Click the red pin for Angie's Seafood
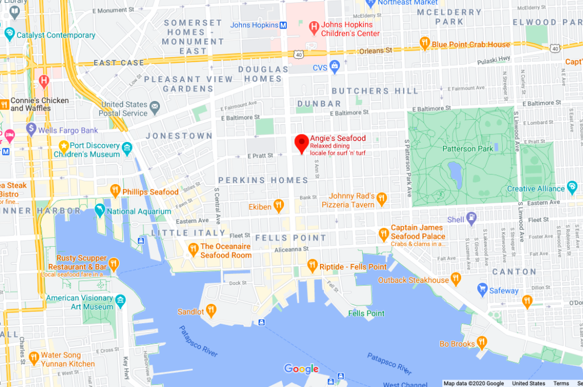pyautogui.click(x=302, y=143)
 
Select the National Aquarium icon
pyautogui.click(x=100, y=211)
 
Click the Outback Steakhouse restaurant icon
pyautogui.click(x=455, y=279)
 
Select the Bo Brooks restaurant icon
pyautogui.click(x=482, y=343)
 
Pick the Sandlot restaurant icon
pyautogui.click(x=211, y=311)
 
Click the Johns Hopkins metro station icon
pyautogui.click(x=282, y=25)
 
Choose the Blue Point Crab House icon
pyautogui.click(x=424, y=44)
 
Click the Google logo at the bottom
pyautogui.click(x=301, y=369)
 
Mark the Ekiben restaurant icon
pyautogui.click(x=278, y=205)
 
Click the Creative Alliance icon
pyautogui.click(x=573, y=188)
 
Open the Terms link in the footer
pyautogui.click(x=561, y=384)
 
